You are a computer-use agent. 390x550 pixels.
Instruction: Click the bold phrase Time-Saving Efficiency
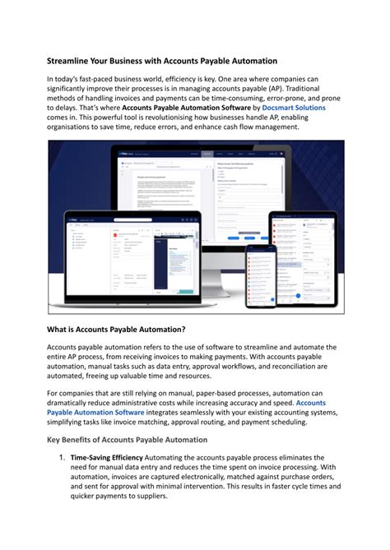107,457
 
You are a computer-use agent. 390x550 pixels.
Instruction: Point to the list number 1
60,457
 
